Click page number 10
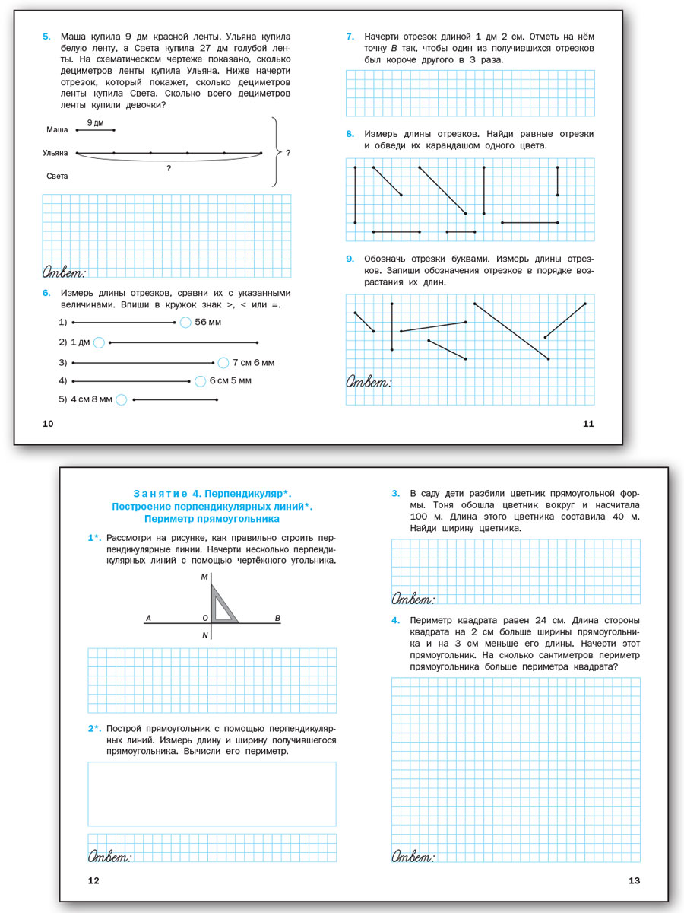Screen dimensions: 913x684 pos(47,424)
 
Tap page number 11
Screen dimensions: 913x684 pos(587,424)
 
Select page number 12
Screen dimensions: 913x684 pos(93,880)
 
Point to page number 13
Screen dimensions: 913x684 pos(635,880)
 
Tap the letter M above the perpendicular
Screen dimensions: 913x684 pos(204,577)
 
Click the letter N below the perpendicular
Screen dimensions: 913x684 pos(205,635)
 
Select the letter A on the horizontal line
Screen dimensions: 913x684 pos(149,618)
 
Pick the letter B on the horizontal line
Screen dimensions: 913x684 pos(277,618)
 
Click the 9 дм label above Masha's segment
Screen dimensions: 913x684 pos(95,122)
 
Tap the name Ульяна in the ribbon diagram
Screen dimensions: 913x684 pos(55,153)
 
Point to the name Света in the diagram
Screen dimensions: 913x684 pos(57,176)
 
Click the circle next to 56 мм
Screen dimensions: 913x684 pos(185,323)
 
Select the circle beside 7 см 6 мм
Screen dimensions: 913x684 pos(223,363)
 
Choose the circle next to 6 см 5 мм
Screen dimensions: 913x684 pos(200,380)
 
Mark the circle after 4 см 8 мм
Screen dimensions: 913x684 pos(122,399)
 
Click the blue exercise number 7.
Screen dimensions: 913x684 pos(350,36)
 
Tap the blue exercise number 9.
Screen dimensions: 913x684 pos(350,259)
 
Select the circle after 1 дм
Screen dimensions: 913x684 pos(99,342)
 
